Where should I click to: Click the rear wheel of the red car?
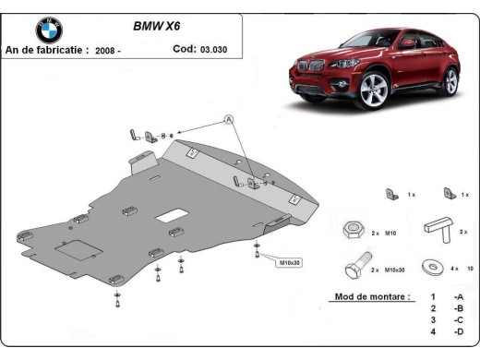450,81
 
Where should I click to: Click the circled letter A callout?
229,119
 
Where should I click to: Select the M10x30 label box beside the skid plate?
290,263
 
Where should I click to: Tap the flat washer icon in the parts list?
429,266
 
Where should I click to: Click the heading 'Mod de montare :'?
368,299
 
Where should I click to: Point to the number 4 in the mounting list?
433,331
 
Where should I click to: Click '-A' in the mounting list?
458,298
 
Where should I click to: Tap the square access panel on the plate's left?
75,249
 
